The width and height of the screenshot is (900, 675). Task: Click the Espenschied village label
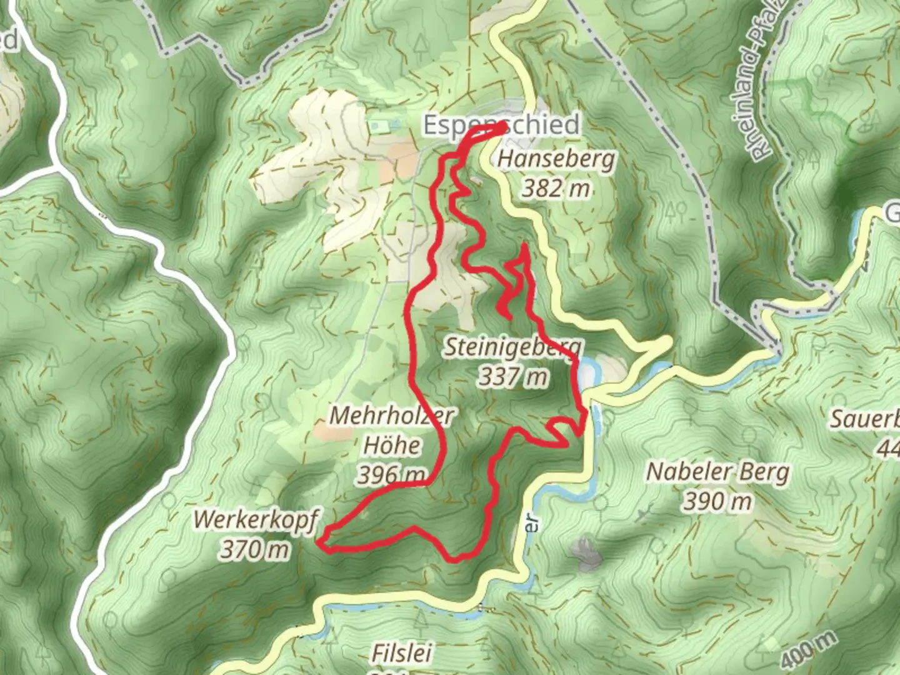tap(501, 124)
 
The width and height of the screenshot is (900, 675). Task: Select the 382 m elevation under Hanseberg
tap(556, 188)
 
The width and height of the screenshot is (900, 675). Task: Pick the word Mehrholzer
tap(392, 416)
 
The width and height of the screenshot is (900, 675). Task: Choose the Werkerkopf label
tap(256, 519)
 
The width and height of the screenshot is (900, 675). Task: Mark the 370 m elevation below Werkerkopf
tap(255, 549)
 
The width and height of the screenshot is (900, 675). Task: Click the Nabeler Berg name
tap(717, 472)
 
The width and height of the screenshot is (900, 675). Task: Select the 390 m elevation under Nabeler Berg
tap(717, 501)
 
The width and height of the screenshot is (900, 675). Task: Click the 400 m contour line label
tap(809, 650)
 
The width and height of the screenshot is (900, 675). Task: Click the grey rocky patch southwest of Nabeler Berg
tap(585, 554)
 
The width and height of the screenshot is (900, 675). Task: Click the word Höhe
tap(392, 446)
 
